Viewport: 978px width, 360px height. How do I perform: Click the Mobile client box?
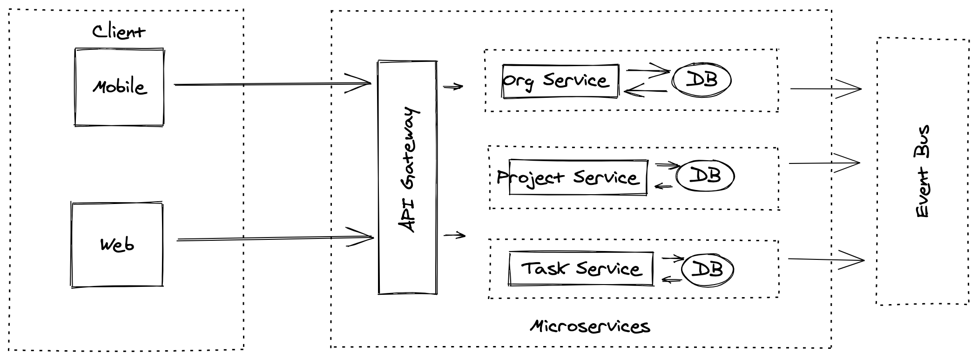pyautogui.click(x=119, y=87)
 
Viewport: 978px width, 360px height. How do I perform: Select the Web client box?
pyautogui.click(x=117, y=245)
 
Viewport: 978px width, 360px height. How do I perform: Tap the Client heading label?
pyautogui.click(x=118, y=32)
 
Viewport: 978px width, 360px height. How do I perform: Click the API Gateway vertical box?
pyautogui.click(x=407, y=177)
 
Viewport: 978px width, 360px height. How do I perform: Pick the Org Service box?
pyautogui.click(x=560, y=81)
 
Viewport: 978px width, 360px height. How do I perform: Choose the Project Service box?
pyautogui.click(x=578, y=177)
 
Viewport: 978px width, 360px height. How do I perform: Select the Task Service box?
pyautogui.click(x=581, y=269)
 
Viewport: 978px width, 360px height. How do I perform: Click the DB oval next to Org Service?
pyautogui.click(x=701, y=80)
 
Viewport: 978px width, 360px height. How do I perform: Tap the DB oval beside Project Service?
pyautogui.click(x=705, y=176)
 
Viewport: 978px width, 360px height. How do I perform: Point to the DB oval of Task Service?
pyautogui.click(x=708, y=269)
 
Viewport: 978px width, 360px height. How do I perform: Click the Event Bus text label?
pyautogui.click(x=922, y=171)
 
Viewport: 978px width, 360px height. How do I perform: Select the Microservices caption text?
pyautogui.click(x=590, y=326)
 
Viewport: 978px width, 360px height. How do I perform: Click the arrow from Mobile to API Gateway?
pyautogui.click(x=272, y=84)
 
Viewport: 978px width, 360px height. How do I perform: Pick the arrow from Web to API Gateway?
pyautogui.click(x=275, y=238)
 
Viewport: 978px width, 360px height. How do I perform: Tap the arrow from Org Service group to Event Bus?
pyautogui.click(x=825, y=88)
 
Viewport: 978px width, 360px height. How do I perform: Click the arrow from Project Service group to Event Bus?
pyautogui.click(x=824, y=163)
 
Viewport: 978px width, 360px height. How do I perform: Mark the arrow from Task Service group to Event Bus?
pyautogui.click(x=826, y=259)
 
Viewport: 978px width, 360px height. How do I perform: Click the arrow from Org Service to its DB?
pyautogui.click(x=647, y=71)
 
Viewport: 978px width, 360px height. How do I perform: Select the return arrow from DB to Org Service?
pyautogui.click(x=646, y=91)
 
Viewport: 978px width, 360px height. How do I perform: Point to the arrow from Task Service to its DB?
pyautogui.click(x=673, y=258)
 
